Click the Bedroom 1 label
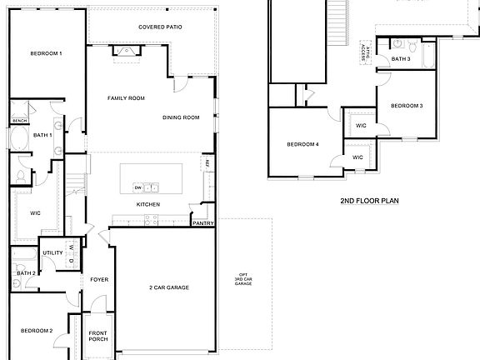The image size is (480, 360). tap(47, 53)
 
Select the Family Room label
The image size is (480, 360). tap(126, 98)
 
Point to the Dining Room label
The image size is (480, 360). tap(181, 117)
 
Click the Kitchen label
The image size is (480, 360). tap(148, 205)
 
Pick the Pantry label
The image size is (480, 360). tap(203, 223)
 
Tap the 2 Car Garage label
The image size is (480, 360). tap(168, 287)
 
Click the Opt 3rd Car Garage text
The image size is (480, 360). tap(243, 280)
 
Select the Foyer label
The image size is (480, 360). tap(99, 279)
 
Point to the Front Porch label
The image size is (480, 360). tap(98, 337)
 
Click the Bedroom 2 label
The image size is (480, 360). tap(37, 331)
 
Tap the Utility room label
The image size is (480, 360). tap(52, 252)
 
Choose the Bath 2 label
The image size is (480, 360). tap(25, 273)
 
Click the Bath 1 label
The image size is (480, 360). tap(43, 135)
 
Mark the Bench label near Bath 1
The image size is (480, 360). tap(19, 121)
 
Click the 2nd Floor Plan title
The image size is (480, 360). tap(370, 202)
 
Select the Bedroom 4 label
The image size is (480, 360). tap(303, 145)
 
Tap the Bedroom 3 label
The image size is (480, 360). tap(407, 106)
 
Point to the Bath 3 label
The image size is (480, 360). tap(401, 59)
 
